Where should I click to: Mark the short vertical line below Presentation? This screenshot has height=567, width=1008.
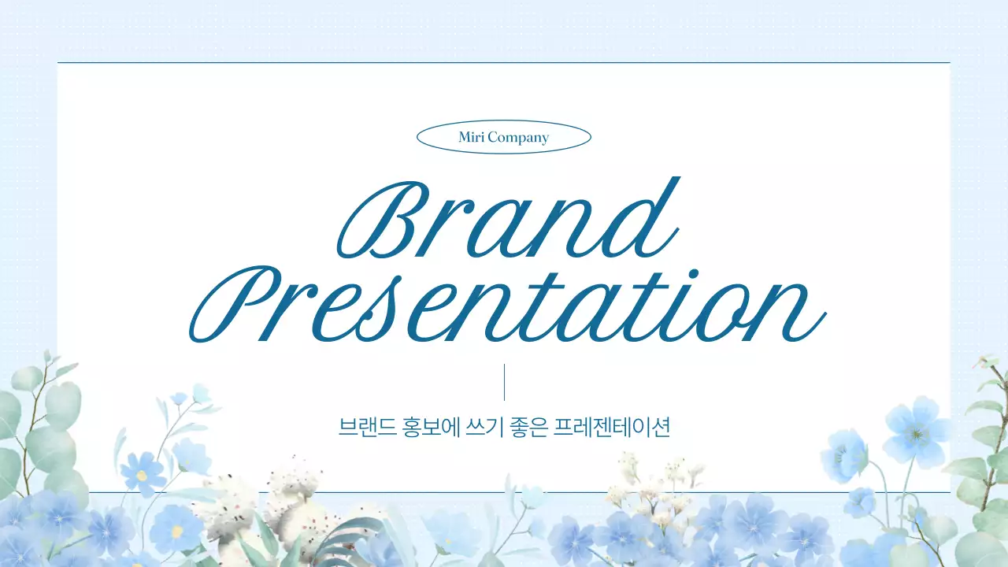tap(504, 382)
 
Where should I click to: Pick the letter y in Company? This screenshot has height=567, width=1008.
tap(543, 140)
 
